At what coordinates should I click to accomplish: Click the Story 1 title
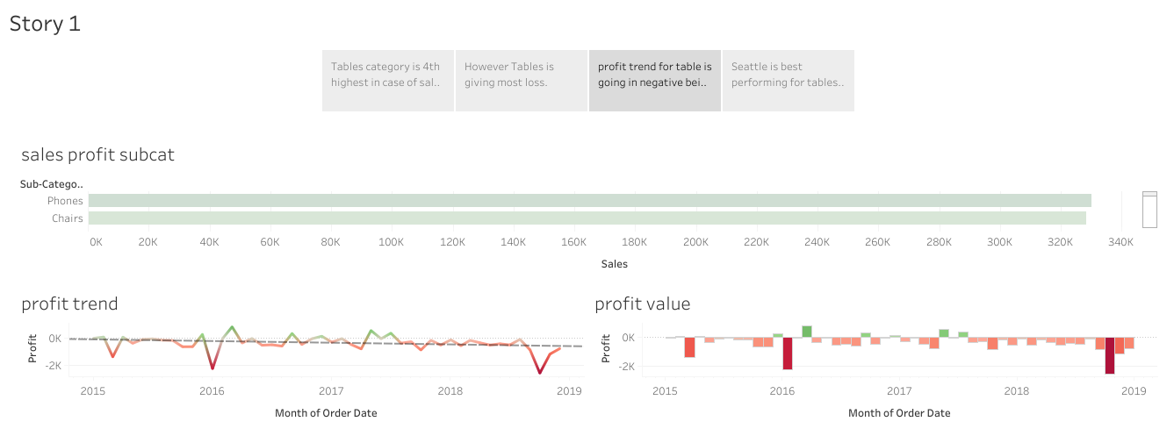45,24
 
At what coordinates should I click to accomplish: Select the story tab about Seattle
788,81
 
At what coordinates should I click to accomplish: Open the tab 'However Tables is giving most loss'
521,81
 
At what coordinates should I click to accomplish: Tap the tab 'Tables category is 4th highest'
387,81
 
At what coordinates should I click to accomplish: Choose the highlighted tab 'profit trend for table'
654,81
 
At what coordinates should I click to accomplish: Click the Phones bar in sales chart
588,201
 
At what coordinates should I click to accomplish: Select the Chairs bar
587,218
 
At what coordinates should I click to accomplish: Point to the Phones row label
65,201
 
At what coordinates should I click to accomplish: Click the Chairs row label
68,218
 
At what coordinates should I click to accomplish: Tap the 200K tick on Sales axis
696,241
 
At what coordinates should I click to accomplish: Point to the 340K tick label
1121,241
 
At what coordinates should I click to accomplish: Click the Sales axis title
614,263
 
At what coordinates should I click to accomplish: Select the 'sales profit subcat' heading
97,155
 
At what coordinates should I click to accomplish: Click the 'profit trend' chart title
69,304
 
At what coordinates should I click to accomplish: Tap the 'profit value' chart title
643,304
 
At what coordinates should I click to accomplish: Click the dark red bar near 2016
788,354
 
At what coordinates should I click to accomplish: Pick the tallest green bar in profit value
807,332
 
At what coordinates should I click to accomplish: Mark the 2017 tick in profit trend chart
331,390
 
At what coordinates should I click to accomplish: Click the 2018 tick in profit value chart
1017,390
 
